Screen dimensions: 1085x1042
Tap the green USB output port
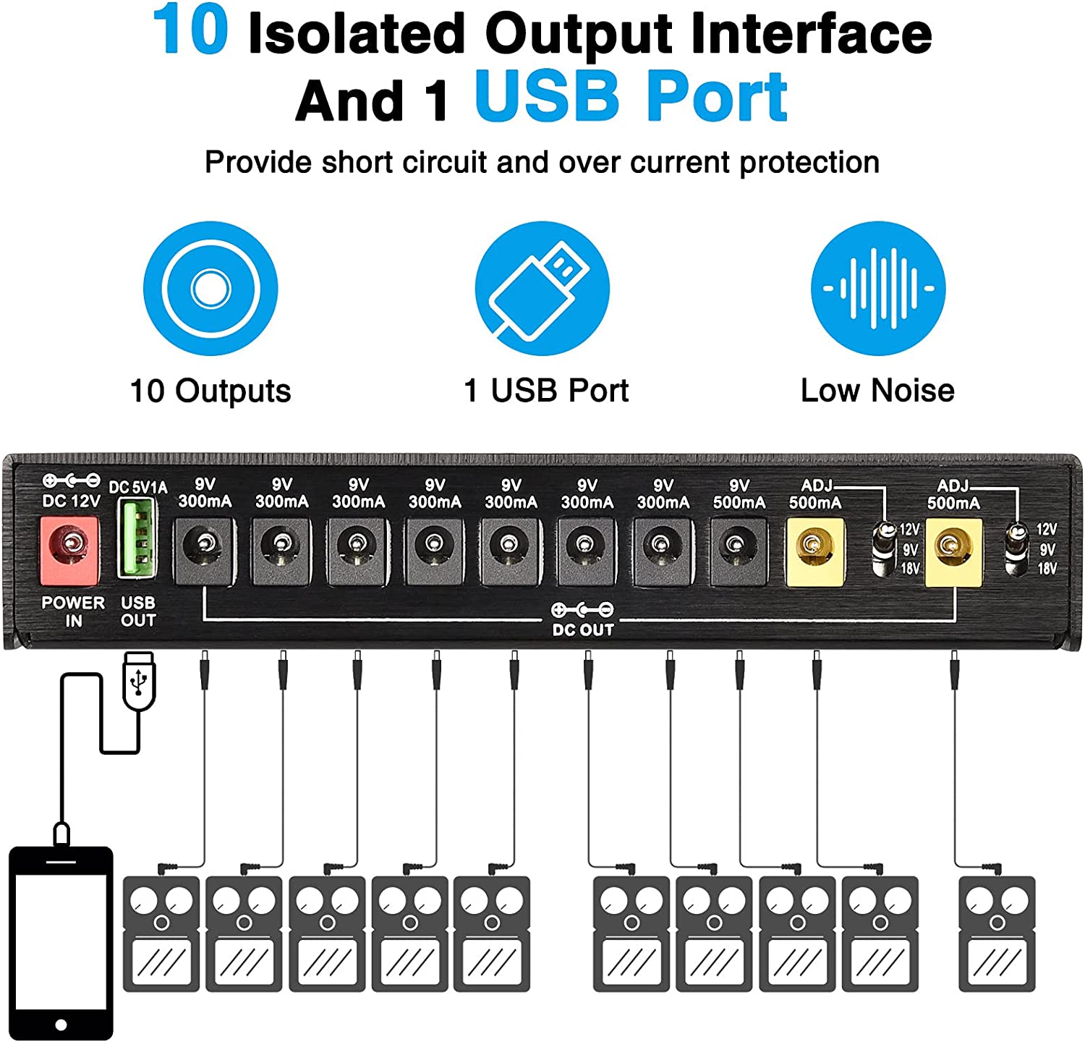pyautogui.click(x=137, y=538)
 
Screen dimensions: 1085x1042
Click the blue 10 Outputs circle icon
pyautogui.click(x=210, y=288)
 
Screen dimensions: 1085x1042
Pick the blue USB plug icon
pyautogui.click(x=542, y=288)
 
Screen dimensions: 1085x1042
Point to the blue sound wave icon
pyautogui.click(x=878, y=288)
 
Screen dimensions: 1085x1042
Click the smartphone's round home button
pyautogui.click(x=61, y=1025)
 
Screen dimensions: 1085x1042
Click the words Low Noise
pyautogui.click(x=877, y=391)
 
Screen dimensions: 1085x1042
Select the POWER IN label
pyautogui.click(x=73, y=611)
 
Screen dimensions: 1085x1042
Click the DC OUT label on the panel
pyautogui.click(x=583, y=630)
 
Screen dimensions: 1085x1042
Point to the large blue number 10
pyautogui.click(x=191, y=30)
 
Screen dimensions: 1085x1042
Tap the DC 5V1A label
pyautogui.click(x=137, y=487)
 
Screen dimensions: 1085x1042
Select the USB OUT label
pyautogui.click(x=138, y=611)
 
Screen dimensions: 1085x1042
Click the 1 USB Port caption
pyautogui.click(x=546, y=391)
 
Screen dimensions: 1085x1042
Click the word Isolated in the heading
pyautogui.click(x=357, y=33)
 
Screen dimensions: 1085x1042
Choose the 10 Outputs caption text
pyautogui.click(x=210, y=391)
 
